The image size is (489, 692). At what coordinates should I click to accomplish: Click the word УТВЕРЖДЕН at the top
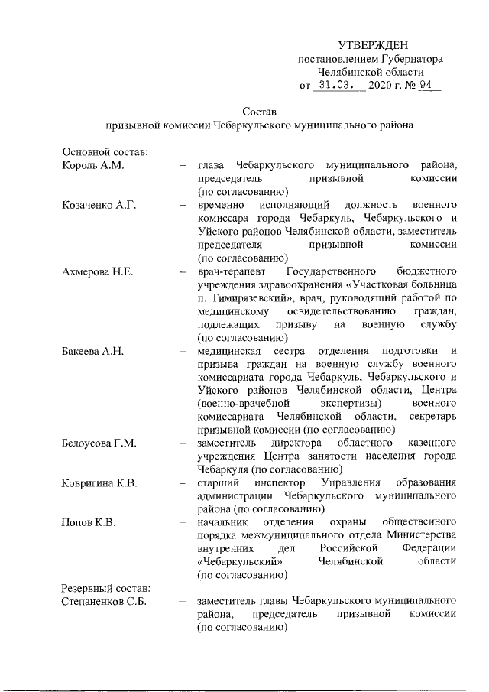(374, 47)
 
